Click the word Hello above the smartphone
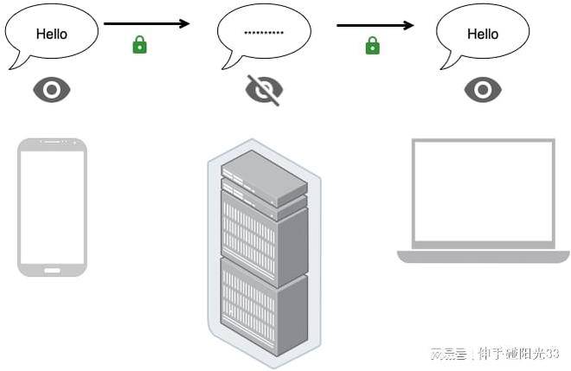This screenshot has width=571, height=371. pyautogui.click(x=51, y=34)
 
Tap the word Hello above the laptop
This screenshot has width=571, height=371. pyautogui.click(x=483, y=34)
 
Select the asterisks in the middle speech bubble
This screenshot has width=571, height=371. pyautogui.click(x=263, y=33)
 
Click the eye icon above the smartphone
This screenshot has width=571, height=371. pyautogui.click(x=51, y=89)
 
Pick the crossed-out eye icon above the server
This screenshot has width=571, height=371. pyautogui.click(x=264, y=89)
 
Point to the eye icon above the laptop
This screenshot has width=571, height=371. pyautogui.click(x=483, y=89)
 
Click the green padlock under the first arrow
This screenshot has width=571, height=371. pyautogui.click(x=139, y=44)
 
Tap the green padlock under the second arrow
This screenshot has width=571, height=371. pyautogui.click(x=372, y=45)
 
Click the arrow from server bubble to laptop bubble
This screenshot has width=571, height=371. pyautogui.click(x=377, y=24)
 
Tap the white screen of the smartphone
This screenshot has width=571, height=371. pyautogui.click(x=52, y=208)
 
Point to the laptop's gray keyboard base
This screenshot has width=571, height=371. pyautogui.click(x=483, y=256)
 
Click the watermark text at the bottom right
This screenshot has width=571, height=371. pyautogui.click(x=495, y=354)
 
